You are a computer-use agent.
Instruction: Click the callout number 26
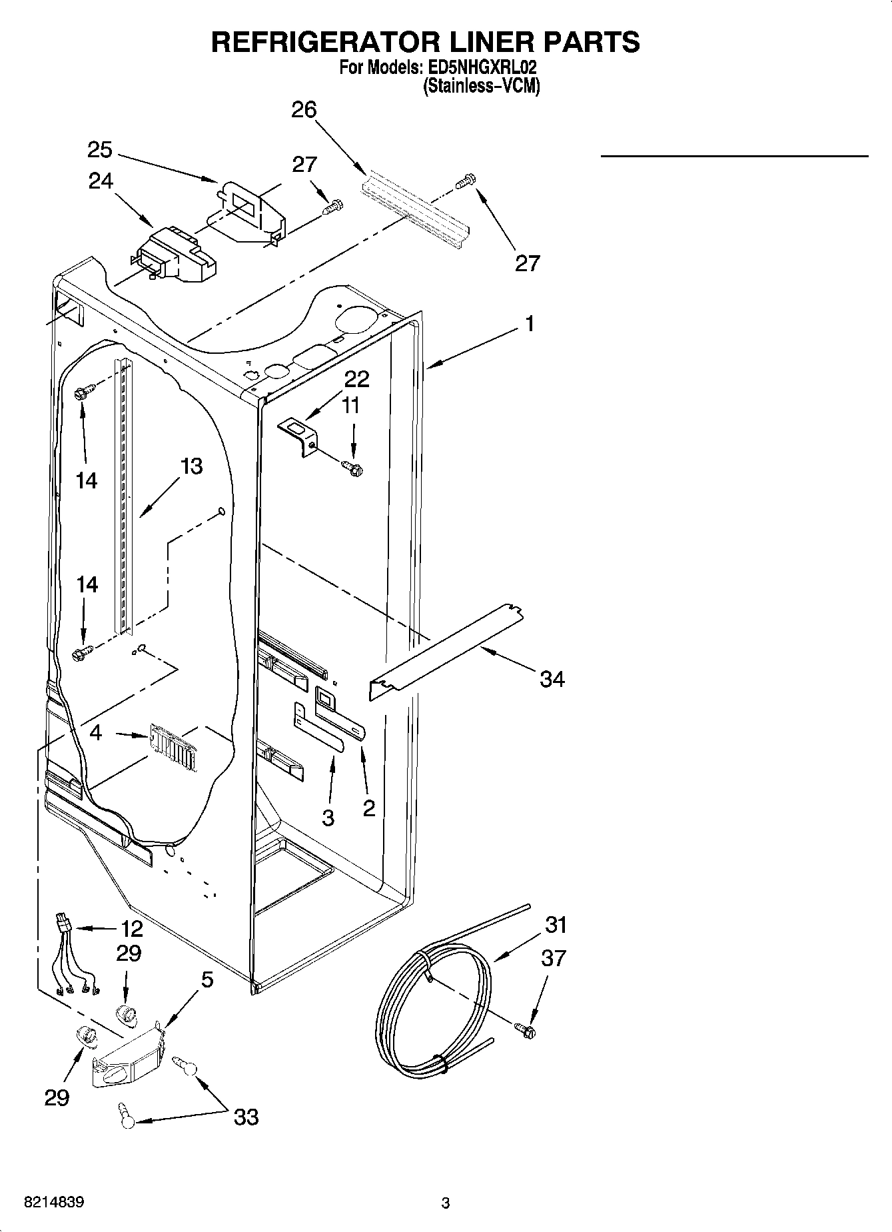(304, 109)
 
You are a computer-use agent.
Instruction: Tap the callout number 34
(552, 679)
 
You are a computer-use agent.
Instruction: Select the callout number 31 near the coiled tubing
(556, 925)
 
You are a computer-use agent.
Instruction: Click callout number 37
(554, 958)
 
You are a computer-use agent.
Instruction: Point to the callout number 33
(246, 1117)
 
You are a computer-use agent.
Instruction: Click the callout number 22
(356, 379)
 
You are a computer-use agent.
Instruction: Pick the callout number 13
(191, 466)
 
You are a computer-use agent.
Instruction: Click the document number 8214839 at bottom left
(54, 1203)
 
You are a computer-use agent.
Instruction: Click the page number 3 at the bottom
(446, 1203)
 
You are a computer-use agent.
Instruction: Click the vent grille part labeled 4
(173, 747)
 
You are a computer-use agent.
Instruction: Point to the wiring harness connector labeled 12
(63, 925)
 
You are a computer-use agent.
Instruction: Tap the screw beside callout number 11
(352, 468)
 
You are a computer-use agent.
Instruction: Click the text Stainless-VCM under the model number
(481, 86)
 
